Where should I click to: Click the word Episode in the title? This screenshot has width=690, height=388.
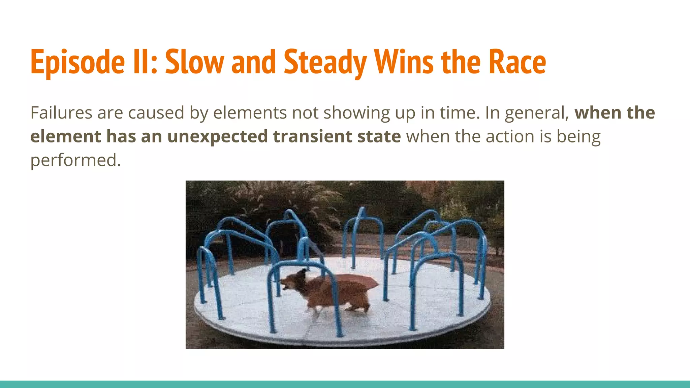tap(77, 62)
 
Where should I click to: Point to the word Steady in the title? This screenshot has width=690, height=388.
tap(325, 62)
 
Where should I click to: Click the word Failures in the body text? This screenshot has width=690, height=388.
tap(61, 112)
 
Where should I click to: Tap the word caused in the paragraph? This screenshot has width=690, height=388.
tap(156, 112)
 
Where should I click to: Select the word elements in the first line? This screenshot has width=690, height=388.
tap(250, 112)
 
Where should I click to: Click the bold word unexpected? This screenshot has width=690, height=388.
tap(217, 137)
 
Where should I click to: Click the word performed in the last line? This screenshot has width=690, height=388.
tap(75, 160)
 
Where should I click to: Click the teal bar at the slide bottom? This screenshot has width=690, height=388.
tap(345, 384)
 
